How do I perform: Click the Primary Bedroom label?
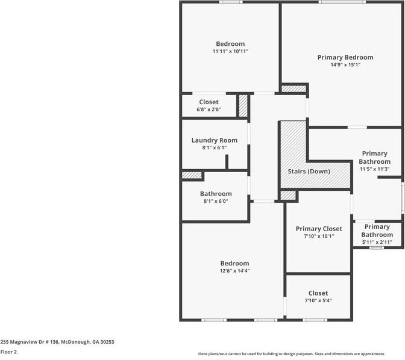pyautogui.click(x=345, y=57)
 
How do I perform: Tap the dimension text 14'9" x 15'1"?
pyautogui.click(x=345, y=65)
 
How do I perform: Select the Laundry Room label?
pyautogui.click(x=214, y=140)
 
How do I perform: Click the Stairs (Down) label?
pyautogui.click(x=310, y=172)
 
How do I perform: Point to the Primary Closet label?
pyautogui.click(x=318, y=229)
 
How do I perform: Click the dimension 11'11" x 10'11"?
pyautogui.click(x=230, y=52)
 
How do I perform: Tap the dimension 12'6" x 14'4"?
pyautogui.click(x=234, y=271)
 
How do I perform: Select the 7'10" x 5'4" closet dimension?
pyautogui.click(x=318, y=300)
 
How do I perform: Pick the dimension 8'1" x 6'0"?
pyautogui.click(x=215, y=202)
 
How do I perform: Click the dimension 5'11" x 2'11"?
pyautogui.click(x=377, y=242)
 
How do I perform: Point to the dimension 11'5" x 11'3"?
pyautogui.click(x=374, y=169)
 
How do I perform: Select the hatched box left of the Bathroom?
pyautogui.click(x=192, y=175)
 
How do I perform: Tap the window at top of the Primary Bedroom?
pyautogui.click(x=342, y=2)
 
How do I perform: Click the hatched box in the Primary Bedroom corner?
pyautogui.click(x=294, y=89)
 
